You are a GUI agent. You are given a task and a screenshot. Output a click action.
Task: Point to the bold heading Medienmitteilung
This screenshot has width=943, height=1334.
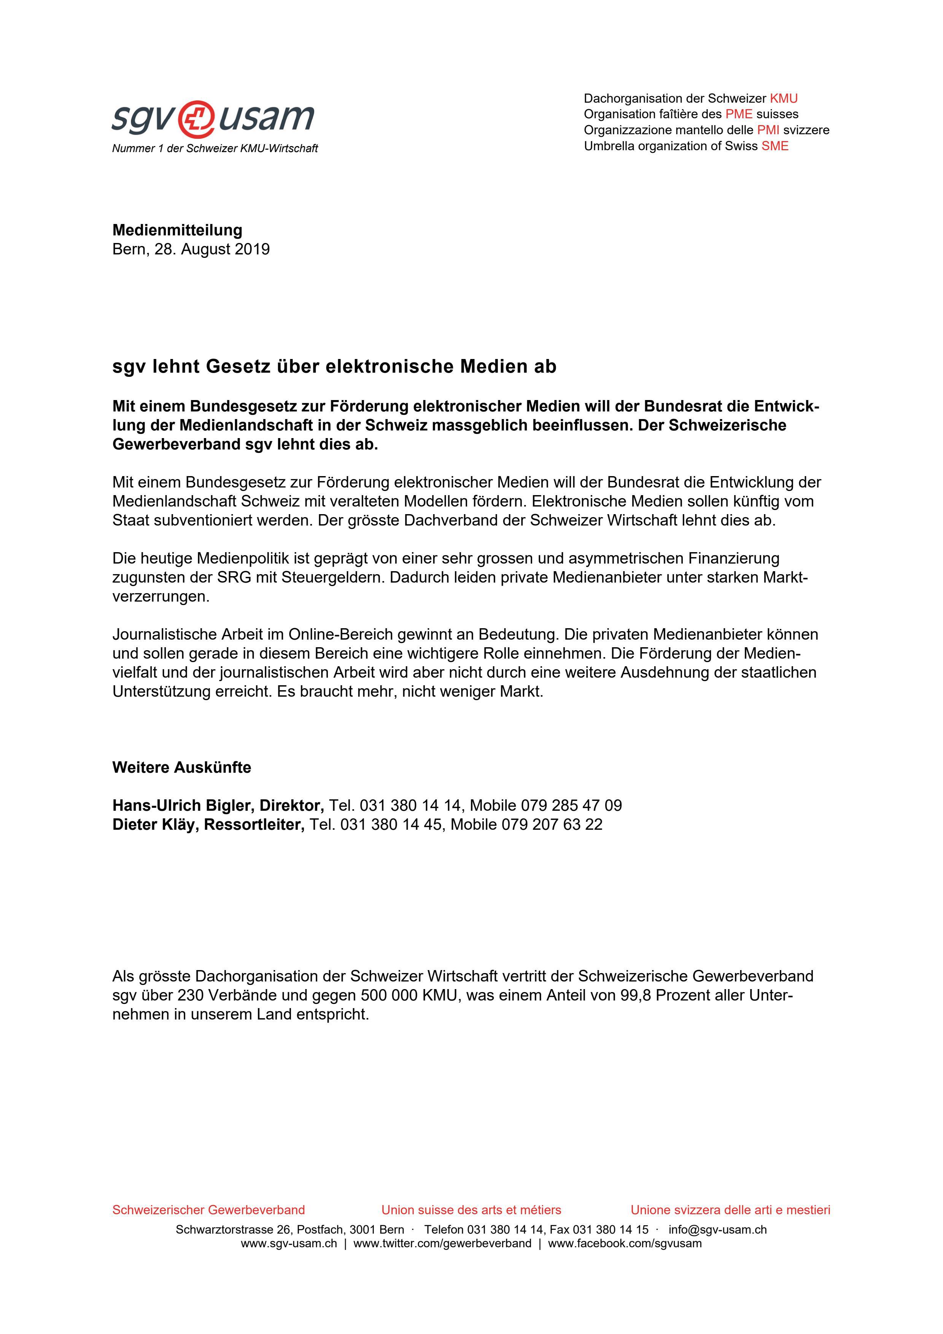click(x=177, y=230)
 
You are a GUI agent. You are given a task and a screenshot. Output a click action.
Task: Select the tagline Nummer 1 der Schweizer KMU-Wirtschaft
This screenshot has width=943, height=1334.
click(x=215, y=149)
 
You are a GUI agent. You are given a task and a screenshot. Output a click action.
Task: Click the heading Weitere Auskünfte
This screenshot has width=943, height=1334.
click(x=181, y=767)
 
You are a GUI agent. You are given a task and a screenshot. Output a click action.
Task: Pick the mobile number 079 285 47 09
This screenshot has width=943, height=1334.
click(x=571, y=805)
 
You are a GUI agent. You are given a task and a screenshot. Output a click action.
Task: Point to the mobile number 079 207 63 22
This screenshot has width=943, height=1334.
click(x=552, y=824)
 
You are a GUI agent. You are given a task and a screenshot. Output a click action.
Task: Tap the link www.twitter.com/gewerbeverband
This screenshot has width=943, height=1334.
click(x=442, y=1243)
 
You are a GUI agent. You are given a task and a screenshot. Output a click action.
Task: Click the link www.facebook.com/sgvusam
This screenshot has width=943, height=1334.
click(x=625, y=1243)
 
